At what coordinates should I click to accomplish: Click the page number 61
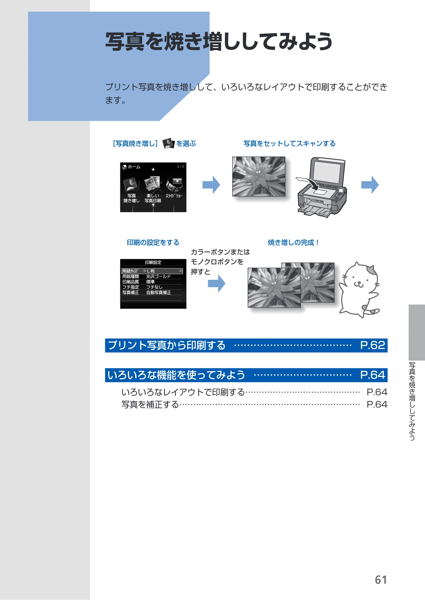[381, 580]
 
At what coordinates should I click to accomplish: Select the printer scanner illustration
[322, 187]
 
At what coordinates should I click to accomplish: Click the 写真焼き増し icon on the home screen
[131, 184]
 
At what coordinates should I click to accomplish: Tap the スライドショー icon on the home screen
[174, 185]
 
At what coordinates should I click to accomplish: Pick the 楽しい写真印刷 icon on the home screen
[153, 184]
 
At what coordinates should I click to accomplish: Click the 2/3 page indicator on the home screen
[180, 166]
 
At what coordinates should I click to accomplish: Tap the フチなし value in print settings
[154, 287]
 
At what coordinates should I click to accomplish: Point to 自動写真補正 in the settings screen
[159, 292]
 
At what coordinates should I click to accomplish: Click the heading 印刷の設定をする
[153, 243]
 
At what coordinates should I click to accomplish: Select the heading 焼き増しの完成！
[293, 243]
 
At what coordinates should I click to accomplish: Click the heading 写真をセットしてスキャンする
[289, 144]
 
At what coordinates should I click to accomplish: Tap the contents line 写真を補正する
[150, 405]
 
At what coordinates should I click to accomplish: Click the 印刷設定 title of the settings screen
[153, 262]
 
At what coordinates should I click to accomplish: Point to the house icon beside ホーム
[125, 167]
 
